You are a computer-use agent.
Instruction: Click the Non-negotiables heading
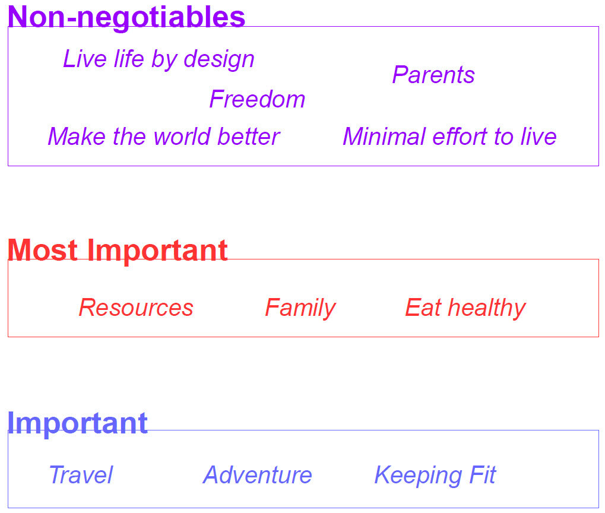[126, 17]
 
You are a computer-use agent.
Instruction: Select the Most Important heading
[118, 250]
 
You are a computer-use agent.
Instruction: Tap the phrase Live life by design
[159, 59]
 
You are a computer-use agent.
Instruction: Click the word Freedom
[257, 99]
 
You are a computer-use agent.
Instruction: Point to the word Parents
[433, 75]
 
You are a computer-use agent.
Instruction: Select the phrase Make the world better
[163, 137]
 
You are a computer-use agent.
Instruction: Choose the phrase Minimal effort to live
[449, 137]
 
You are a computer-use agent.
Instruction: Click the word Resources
[136, 308]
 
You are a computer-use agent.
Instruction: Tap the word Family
[300, 308]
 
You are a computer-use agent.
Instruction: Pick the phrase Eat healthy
[465, 308]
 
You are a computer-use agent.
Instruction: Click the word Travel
[81, 475]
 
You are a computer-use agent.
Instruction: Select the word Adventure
[257, 475]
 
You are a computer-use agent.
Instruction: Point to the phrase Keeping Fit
[435, 475]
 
